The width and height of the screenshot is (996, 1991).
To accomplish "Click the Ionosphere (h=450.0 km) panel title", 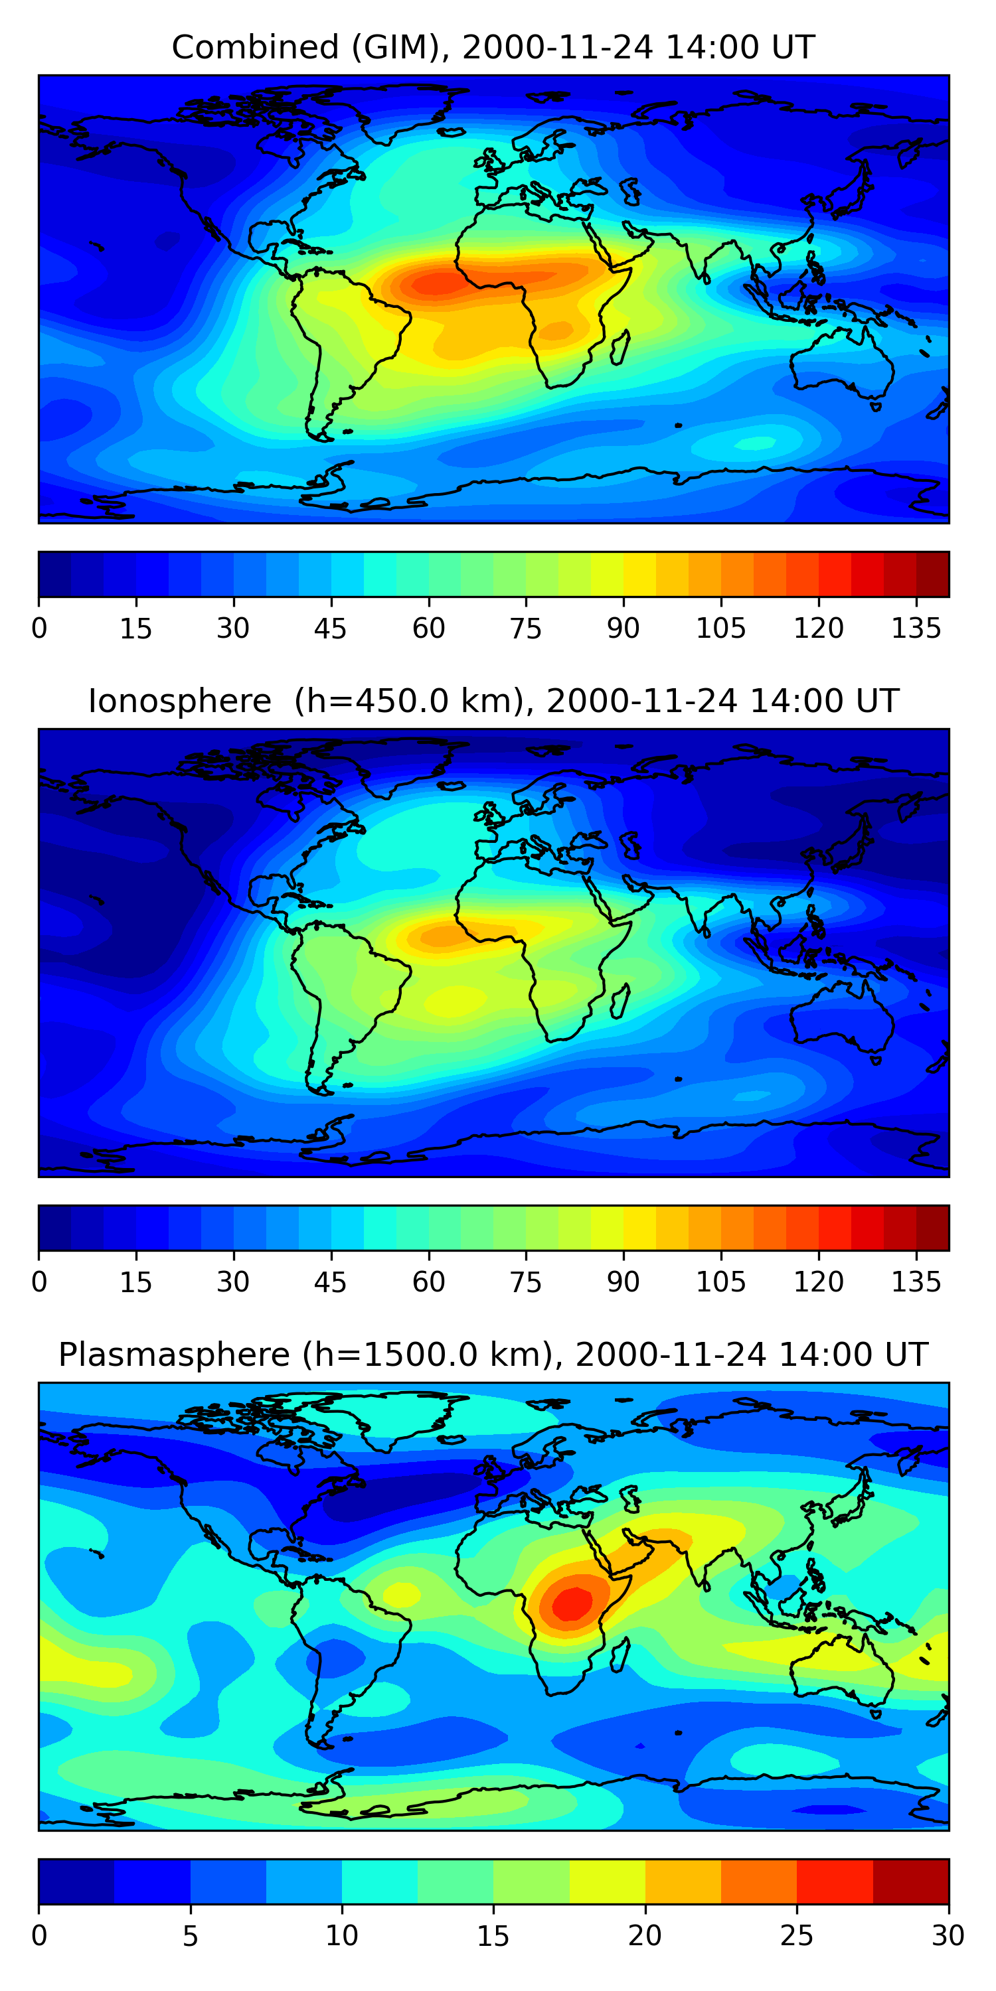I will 493,701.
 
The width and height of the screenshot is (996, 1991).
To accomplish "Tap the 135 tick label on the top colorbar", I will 916,628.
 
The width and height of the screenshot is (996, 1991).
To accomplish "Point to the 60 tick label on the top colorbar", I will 428,628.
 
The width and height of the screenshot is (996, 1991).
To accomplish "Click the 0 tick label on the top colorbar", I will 39,628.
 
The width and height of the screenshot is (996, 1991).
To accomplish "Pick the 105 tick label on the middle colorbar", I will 720,1282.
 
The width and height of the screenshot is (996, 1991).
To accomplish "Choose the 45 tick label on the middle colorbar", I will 331,1282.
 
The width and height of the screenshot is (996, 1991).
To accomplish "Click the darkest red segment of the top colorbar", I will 933,574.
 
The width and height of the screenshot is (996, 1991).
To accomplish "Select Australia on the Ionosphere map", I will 843,1016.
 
